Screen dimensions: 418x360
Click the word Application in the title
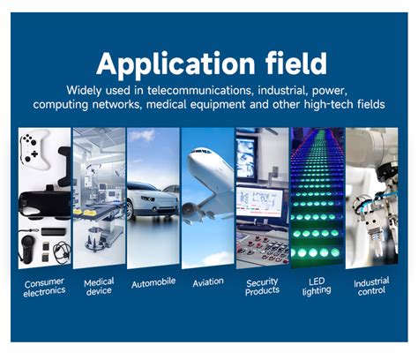(175, 64)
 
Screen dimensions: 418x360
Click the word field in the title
(296, 63)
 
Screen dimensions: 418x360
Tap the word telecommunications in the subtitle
(200, 90)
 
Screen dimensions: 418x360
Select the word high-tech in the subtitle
(329, 104)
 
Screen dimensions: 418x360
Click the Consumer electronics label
(44, 287)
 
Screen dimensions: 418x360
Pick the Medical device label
(99, 287)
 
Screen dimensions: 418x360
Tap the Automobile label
(153, 283)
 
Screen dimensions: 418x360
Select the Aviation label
(208, 282)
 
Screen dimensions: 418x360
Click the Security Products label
(262, 287)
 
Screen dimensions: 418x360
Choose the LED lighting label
(317, 287)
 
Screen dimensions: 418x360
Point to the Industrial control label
(371, 286)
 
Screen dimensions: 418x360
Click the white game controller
(34, 149)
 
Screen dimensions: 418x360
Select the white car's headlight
(148, 199)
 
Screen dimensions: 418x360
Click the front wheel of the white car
(130, 210)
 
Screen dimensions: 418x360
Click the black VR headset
(45, 202)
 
